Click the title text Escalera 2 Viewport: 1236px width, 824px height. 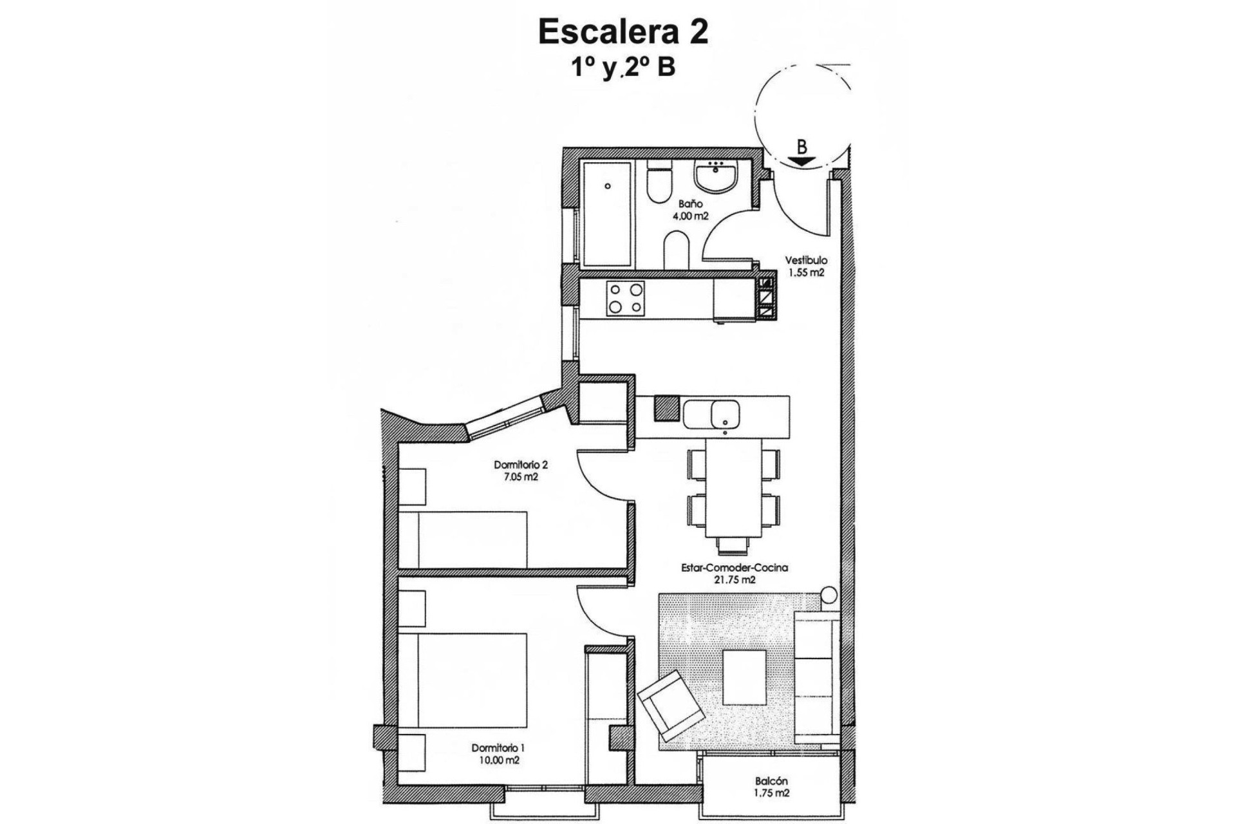[623, 32]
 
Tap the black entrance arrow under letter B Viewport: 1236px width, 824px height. [801, 162]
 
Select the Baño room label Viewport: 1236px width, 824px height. [690, 203]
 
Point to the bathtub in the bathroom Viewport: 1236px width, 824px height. [607, 214]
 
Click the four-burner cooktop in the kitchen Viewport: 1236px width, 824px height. [625, 299]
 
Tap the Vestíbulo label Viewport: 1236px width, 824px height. [805, 261]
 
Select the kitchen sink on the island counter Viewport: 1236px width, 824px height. [724, 413]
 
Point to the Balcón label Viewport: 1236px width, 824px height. [771, 781]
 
